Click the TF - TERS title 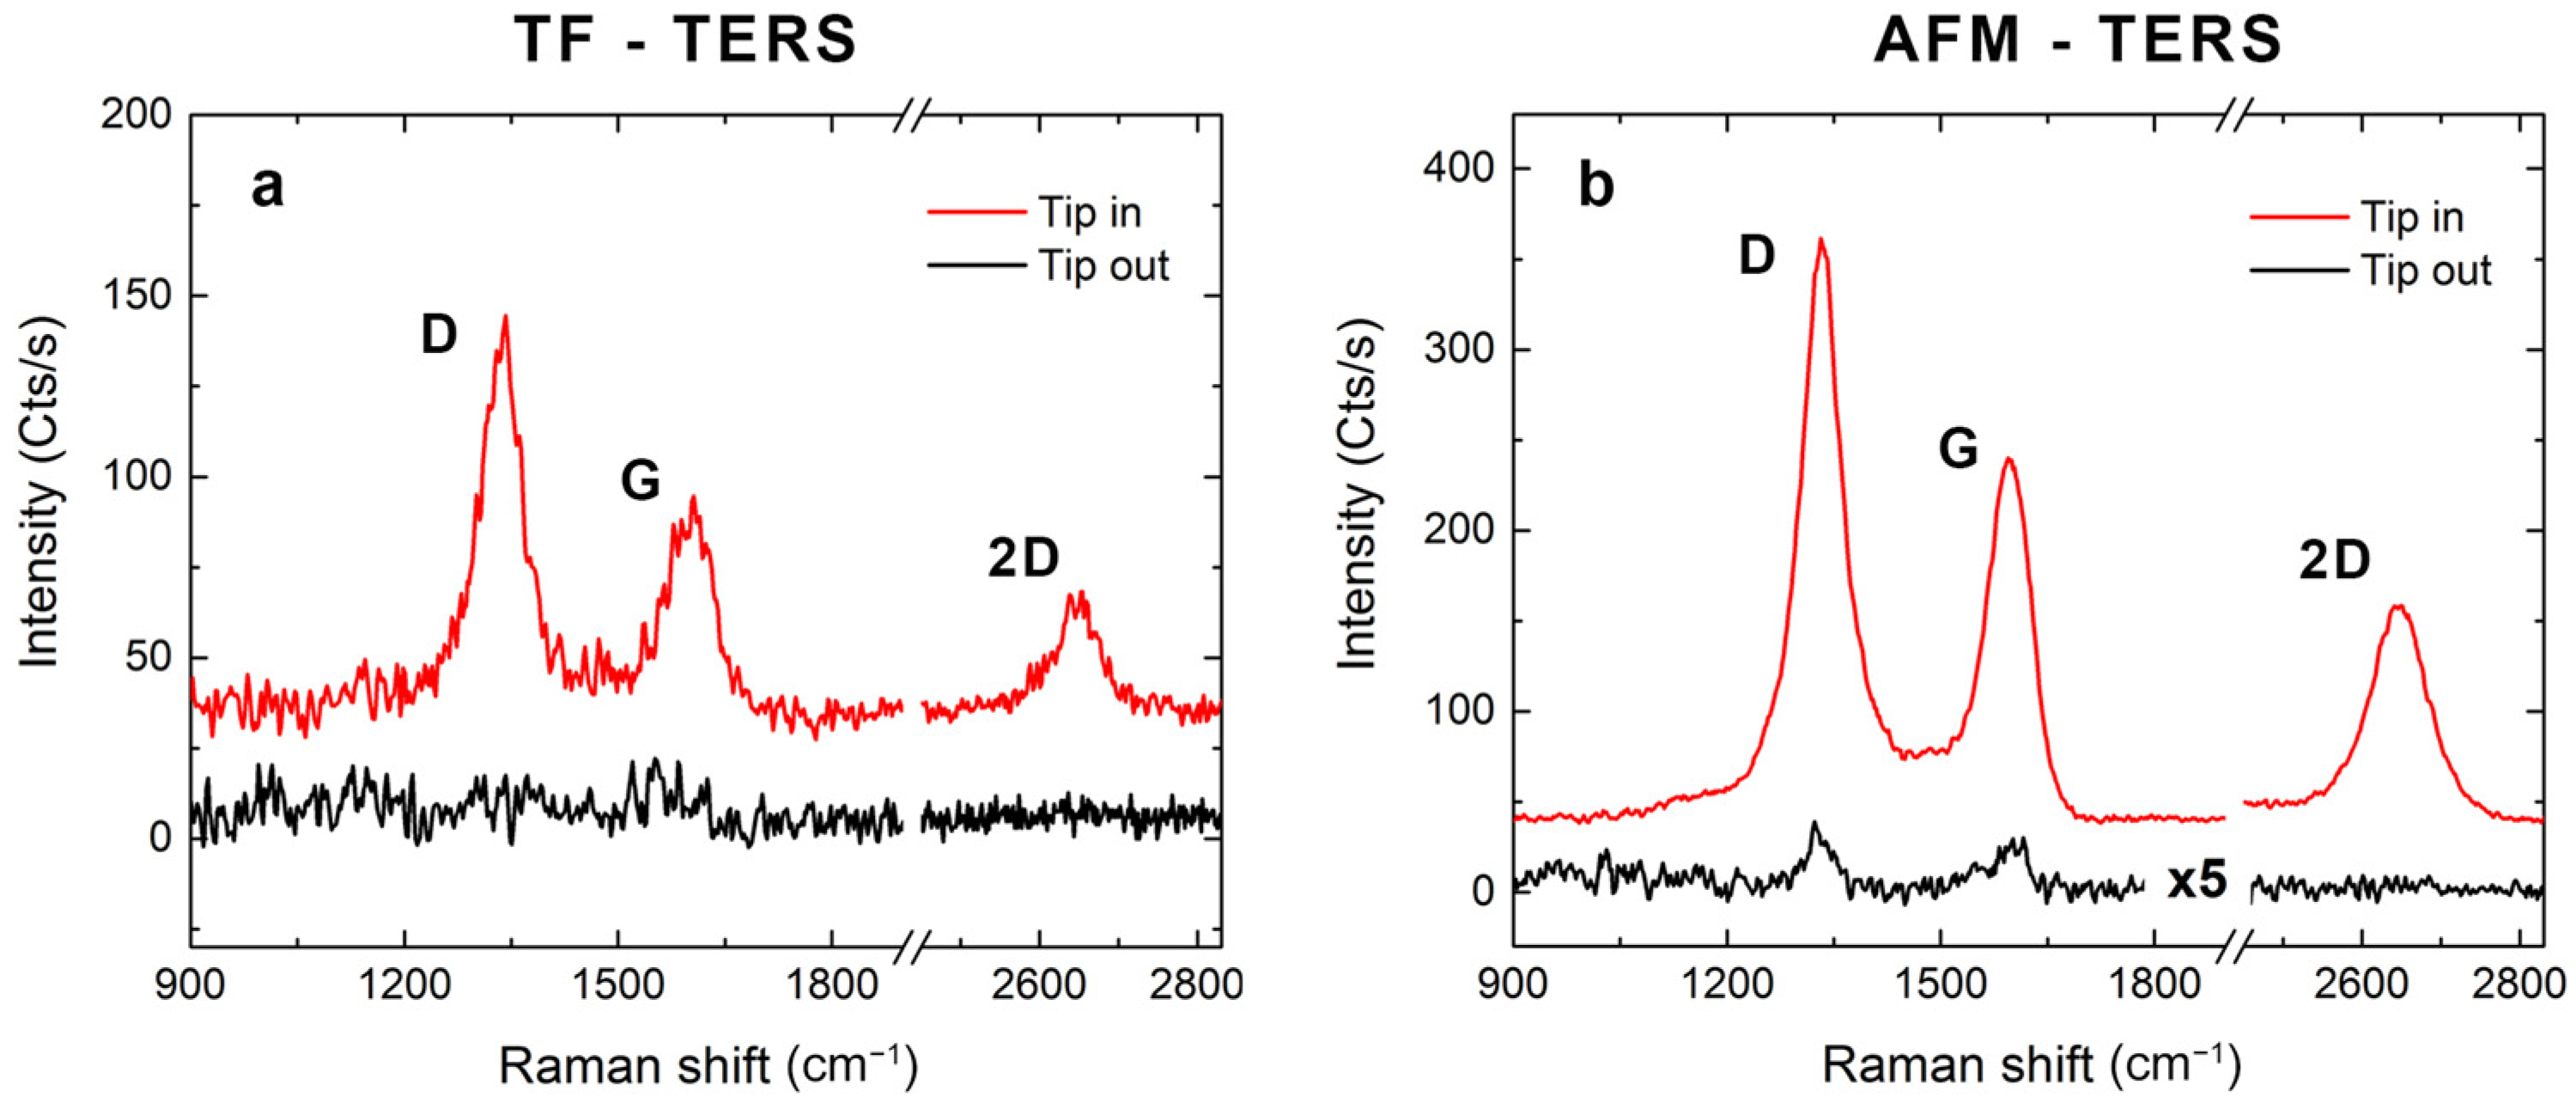tap(686, 40)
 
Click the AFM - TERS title tap(2078, 40)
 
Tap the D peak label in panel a tap(438, 335)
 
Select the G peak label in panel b tap(1958, 449)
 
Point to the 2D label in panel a tap(1023, 559)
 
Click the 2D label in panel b tap(2335, 562)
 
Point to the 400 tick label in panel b tap(1457, 169)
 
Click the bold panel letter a tap(267, 187)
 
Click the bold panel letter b tap(1596, 187)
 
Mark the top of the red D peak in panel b tap(1821, 239)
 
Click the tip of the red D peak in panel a tap(505, 317)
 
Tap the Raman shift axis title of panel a tap(708, 1066)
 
